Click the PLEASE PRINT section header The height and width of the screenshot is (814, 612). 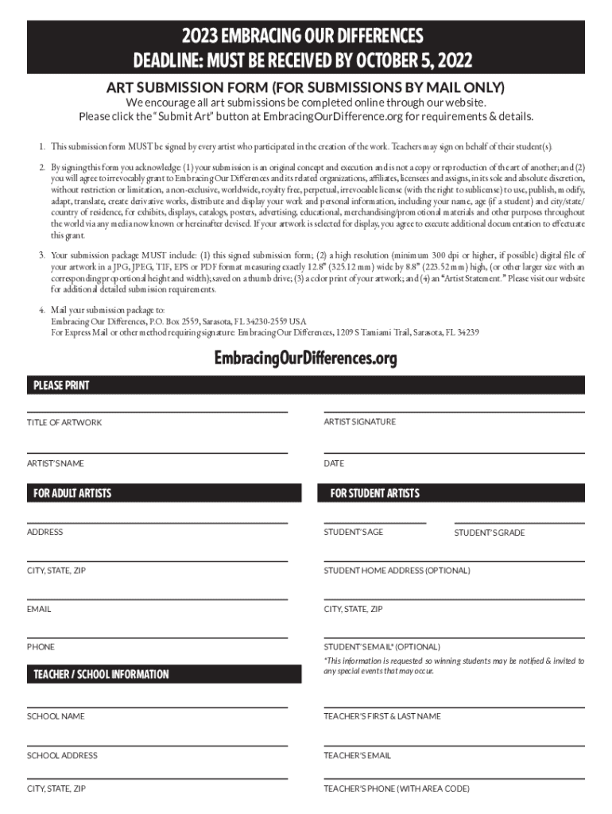pos(61,386)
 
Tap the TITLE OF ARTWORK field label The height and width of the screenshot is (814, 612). pos(64,422)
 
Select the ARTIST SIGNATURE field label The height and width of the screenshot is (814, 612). pos(359,421)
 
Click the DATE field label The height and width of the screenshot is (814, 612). pos(334,463)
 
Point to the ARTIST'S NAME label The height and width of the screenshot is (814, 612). pos(56,463)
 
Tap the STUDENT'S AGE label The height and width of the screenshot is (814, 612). pos(353,532)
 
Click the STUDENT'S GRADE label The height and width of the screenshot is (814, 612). pos(489,533)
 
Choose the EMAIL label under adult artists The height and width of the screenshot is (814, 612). pos(39,609)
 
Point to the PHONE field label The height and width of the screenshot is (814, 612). pos(41,647)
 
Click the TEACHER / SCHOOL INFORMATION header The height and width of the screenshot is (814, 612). pos(101,674)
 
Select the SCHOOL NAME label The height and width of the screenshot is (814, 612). pos(56,716)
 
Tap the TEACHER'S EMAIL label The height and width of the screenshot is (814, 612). pos(357,755)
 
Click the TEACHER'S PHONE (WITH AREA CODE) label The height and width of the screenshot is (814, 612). pos(396,789)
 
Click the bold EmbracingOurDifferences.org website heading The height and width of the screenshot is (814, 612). pos(305,359)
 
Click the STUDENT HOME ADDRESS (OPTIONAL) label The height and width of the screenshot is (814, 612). pos(397,571)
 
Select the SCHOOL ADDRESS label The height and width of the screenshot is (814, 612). pos(62,755)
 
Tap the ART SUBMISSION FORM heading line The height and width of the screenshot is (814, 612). pos(305,87)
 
